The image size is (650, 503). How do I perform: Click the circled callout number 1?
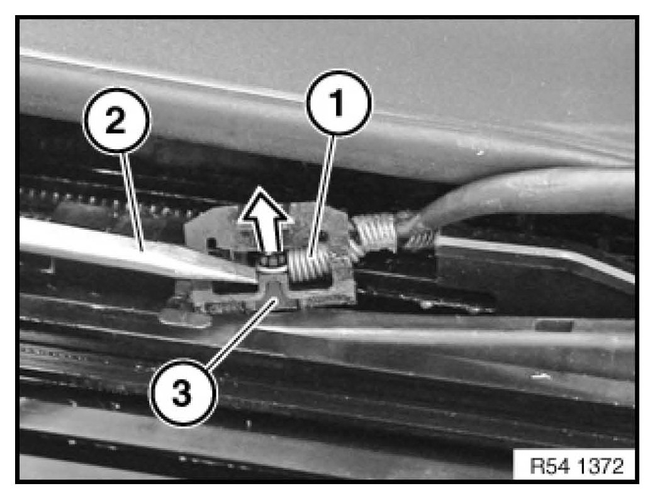(x=339, y=103)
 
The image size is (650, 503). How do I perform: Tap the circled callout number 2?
(x=116, y=120)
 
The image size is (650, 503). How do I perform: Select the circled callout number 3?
(x=182, y=392)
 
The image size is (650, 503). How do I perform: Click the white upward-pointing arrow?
(x=263, y=222)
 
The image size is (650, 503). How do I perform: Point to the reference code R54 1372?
(x=576, y=466)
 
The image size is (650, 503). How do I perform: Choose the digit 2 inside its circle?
(x=116, y=120)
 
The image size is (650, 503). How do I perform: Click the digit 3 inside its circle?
(x=182, y=393)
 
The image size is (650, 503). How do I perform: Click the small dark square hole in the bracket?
(x=212, y=242)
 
